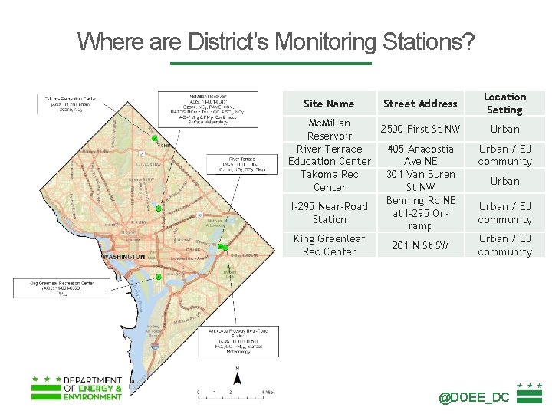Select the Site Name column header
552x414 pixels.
pyautogui.click(x=329, y=103)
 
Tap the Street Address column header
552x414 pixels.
pyautogui.click(x=420, y=103)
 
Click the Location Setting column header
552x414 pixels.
pyautogui.click(x=504, y=103)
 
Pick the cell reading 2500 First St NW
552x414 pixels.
pyautogui.click(x=420, y=129)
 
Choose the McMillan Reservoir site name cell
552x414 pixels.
pyautogui.click(x=329, y=129)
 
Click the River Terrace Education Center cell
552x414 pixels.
pyautogui.click(x=329, y=155)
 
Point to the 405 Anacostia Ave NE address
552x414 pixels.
pyautogui.click(x=420, y=155)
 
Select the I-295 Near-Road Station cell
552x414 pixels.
pyautogui.click(x=329, y=213)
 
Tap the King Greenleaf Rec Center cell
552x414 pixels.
pyautogui.click(x=329, y=245)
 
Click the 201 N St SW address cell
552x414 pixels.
pyautogui.click(x=420, y=245)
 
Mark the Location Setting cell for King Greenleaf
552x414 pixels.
pyautogui.click(x=504, y=245)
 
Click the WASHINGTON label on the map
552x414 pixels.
pyautogui.click(x=123, y=256)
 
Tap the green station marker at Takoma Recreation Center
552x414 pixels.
pyautogui.click(x=155, y=139)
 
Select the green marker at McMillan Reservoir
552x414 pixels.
pyautogui.click(x=158, y=209)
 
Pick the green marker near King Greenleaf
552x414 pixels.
pyautogui.click(x=158, y=277)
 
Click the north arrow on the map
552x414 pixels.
pyautogui.click(x=238, y=376)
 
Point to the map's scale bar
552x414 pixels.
pyautogui.click(x=231, y=392)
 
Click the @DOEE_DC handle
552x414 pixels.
pyautogui.click(x=474, y=397)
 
